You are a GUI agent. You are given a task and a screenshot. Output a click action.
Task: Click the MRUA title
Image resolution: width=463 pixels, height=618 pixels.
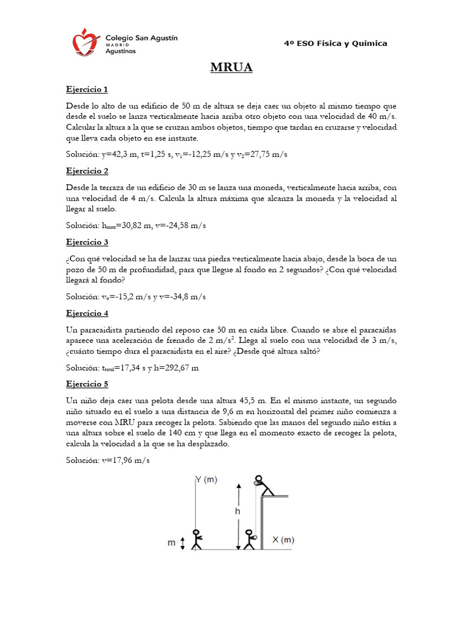point(231,68)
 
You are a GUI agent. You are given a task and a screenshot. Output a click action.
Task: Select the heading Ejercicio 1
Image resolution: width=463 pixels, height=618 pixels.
point(87,89)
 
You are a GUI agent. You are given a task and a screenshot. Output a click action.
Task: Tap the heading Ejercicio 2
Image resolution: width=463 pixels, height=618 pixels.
point(87,171)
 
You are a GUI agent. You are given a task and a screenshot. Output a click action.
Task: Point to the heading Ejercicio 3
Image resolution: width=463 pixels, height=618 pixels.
point(87,242)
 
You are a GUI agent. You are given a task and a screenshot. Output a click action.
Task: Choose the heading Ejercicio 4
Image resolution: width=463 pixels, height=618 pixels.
point(87,313)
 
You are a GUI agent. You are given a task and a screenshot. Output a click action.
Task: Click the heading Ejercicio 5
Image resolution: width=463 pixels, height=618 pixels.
point(87,384)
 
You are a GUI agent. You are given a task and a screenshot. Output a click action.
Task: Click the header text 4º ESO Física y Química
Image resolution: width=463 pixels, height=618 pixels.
point(336,43)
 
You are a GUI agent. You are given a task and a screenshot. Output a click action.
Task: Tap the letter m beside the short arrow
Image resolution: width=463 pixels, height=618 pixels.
point(172,543)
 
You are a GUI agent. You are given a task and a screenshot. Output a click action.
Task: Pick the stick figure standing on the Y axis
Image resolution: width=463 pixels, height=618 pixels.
point(195,539)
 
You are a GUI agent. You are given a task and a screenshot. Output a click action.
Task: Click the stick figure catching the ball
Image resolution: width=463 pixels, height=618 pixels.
point(250,539)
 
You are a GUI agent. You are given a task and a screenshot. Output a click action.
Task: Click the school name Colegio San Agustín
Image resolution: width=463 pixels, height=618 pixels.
point(142,37)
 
